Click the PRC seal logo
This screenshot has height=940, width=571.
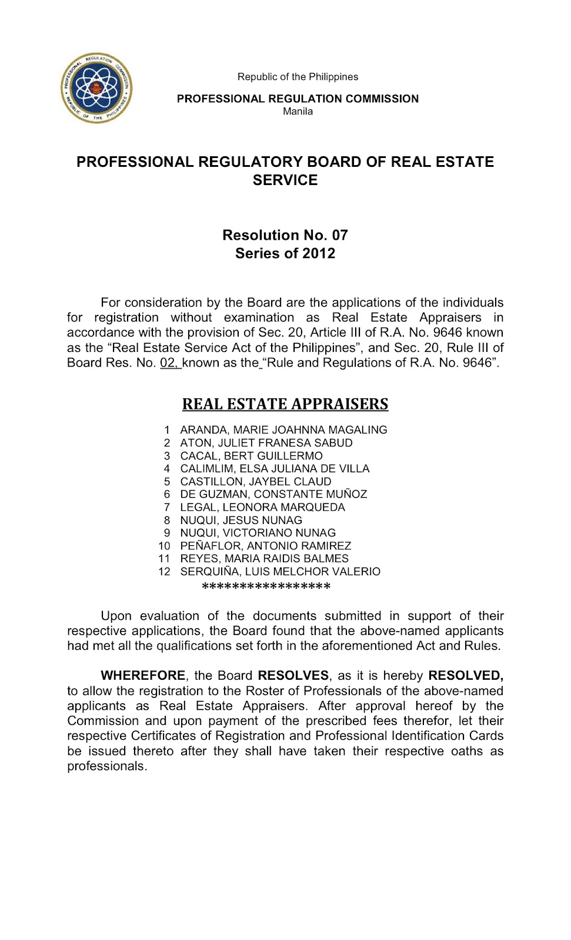coord(96,88)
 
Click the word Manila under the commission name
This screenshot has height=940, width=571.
coord(298,112)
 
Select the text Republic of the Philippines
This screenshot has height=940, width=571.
coord(298,77)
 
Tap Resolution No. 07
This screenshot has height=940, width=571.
coord(285,235)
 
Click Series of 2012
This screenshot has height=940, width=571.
coord(285,253)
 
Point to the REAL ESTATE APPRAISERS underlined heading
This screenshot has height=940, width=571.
coord(285,404)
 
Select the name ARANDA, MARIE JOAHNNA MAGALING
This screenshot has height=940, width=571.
coord(283,430)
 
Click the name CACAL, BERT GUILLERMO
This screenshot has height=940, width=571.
coord(251,456)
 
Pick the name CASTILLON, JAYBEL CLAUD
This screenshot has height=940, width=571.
coord(256,482)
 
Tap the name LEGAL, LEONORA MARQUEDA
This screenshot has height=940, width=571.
coord(262,507)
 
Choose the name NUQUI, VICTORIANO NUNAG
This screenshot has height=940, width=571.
coord(258,533)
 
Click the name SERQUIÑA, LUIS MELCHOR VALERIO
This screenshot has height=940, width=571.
coord(280,572)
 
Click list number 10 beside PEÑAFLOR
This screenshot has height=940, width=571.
coord(164,546)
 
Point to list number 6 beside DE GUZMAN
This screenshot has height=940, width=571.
coord(167,495)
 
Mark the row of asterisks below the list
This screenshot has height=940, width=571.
coord(266,586)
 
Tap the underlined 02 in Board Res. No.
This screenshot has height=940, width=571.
coord(169,363)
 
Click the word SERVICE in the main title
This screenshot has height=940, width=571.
coord(285,180)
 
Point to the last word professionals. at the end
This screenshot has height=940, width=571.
coord(106,766)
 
